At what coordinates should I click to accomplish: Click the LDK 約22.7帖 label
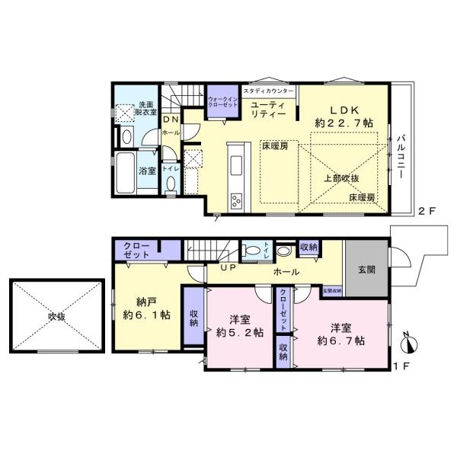[344, 114]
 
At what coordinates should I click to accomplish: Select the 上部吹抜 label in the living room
[340, 177]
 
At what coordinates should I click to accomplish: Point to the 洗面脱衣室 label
[145, 108]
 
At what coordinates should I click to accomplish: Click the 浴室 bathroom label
[147, 171]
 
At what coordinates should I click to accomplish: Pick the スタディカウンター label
[268, 90]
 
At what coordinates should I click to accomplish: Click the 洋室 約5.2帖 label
[238, 325]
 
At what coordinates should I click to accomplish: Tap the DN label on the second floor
[171, 120]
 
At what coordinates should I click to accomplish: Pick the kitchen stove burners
[235, 201]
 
